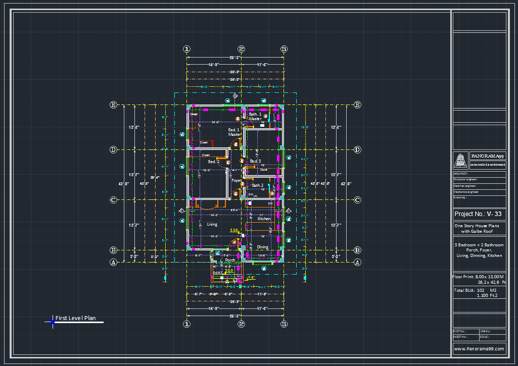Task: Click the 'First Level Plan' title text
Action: pos(75,319)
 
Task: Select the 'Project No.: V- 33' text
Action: pos(478,214)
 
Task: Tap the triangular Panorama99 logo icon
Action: pos(461,160)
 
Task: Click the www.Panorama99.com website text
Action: pos(479,349)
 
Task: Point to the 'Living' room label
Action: pos(212,224)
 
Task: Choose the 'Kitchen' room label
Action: pos(264,219)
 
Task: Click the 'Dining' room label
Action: pos(263,247)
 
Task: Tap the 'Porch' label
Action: pos(230,260)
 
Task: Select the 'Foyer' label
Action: pos(237,180)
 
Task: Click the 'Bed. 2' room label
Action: pos(214,162)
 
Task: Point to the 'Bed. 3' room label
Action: pos(256,161)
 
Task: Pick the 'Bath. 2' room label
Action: pos(258,185)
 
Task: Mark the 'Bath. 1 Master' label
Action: pos(255,117)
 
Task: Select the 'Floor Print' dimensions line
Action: pos(478,277)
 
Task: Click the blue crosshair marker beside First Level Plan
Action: pos(52,323)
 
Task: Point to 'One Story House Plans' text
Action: pos(477,226)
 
